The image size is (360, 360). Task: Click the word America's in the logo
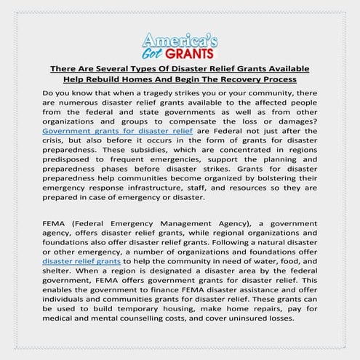[180, 39]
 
